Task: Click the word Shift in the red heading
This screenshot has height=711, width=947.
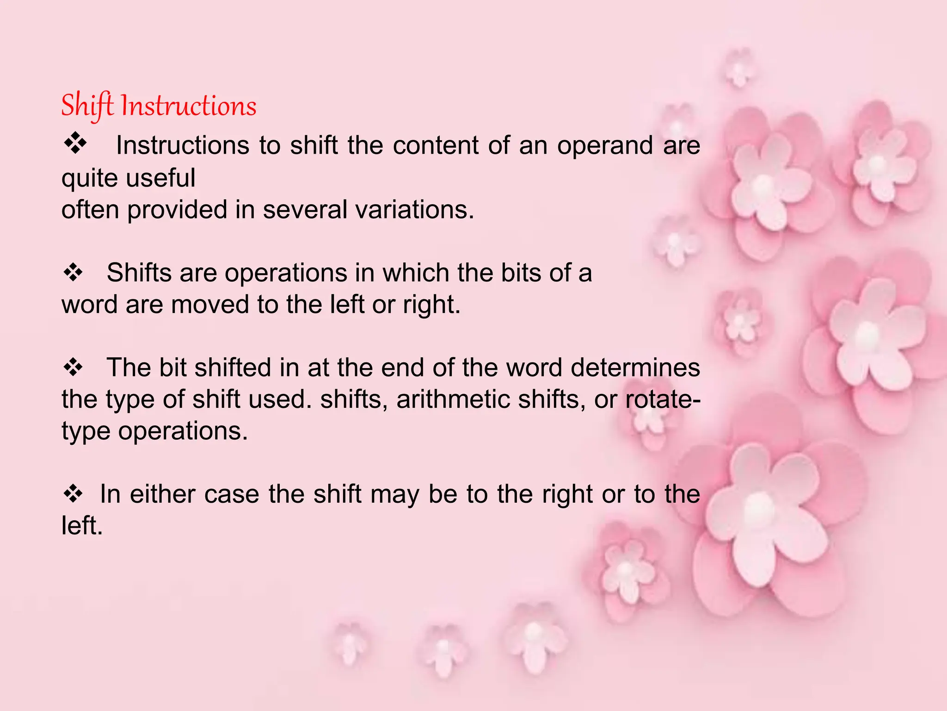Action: click(x=87, y=106)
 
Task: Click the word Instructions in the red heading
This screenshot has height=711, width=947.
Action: click(x=189, y=106)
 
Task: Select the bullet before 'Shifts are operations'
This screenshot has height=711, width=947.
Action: click(x=73, y=272)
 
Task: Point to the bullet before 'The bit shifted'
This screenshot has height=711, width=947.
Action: click(x=73, y=368)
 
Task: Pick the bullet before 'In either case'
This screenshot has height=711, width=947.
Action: click(x=73, y=493)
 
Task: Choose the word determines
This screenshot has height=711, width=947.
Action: click(x=635, y=368)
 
